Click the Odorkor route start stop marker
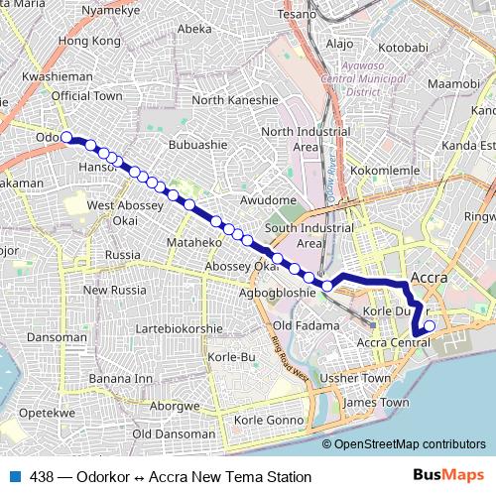pos(66,138)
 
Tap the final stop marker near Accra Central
pos(430,325)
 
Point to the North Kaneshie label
pos(235,100)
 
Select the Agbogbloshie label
pos(271,295)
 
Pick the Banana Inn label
pos(123,379)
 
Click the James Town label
pos(375,403)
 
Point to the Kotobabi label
pos(403,47)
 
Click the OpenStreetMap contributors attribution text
pos(410,443)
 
